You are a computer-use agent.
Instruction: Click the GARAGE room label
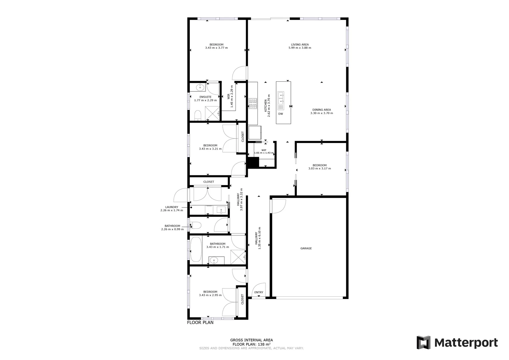coord(306,248)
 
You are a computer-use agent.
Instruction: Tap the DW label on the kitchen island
coord(281,114)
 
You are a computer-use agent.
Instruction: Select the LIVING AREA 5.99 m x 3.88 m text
coord(300,46)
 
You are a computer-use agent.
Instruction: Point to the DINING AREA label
coord(322,111)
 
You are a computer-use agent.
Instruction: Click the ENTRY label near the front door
coord(259,292)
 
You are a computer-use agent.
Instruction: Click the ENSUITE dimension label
coord(205,99)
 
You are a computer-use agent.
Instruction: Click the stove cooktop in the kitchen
coord(252,103)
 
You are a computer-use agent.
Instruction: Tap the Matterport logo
coord(457,343)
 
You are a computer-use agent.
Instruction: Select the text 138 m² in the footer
coord(265,344)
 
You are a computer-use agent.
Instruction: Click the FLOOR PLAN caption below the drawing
coord(200,323)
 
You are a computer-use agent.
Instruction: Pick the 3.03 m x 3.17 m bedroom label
coord(319,167)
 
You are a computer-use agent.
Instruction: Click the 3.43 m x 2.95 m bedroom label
coord(210,293)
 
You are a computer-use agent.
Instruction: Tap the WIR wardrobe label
coord(230,97)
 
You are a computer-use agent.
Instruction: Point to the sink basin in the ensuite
coord(200,88)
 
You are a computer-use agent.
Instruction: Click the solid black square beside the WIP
coord(253,162)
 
